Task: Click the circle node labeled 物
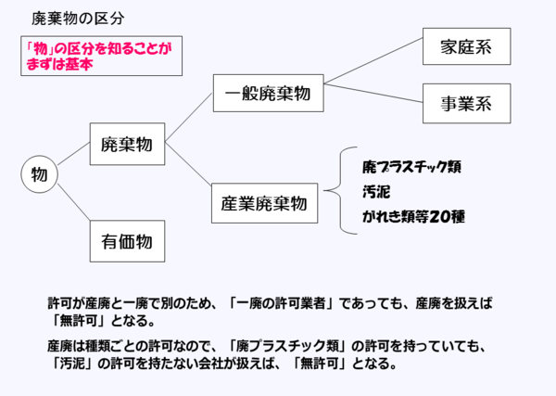click(x=39, y=174)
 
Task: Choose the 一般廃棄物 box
click(x=267, y=94)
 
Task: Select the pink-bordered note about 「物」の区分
click(x=100, y=57)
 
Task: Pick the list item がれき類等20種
click(x=413, y=219)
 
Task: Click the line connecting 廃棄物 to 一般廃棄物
click(x=189, y=120)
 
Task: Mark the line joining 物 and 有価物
click(x=73, y=207)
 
